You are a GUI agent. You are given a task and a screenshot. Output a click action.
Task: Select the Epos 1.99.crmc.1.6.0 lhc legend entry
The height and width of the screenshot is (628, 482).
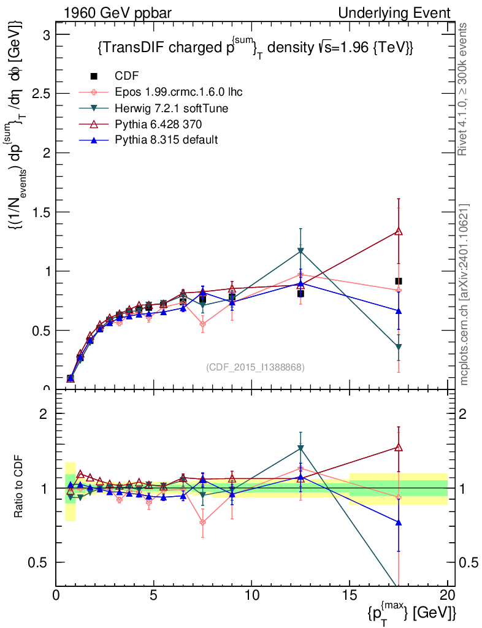click(x=178, y=92)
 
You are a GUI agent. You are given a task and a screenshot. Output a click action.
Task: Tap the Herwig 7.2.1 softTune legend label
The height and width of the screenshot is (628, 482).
click(x=172, y=108)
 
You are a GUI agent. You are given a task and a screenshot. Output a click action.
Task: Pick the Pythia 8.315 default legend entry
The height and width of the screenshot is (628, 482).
click(x=166, y=140)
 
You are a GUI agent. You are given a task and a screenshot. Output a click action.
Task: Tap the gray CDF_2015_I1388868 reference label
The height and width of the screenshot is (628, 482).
click(x=256, y=367)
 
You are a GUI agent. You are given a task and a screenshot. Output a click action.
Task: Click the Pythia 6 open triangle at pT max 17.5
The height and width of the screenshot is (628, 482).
click(x=399, y=231)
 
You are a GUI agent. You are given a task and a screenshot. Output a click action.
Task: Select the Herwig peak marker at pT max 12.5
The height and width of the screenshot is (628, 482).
click(x=300, y=251)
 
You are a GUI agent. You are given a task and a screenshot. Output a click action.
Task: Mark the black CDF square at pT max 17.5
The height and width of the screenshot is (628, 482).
click(x=399, y=281)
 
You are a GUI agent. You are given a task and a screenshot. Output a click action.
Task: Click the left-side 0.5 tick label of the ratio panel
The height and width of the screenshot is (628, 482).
click(x=41, y=562)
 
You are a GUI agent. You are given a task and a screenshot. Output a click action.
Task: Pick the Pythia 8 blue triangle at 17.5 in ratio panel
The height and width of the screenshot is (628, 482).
click(x=399, y=523)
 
